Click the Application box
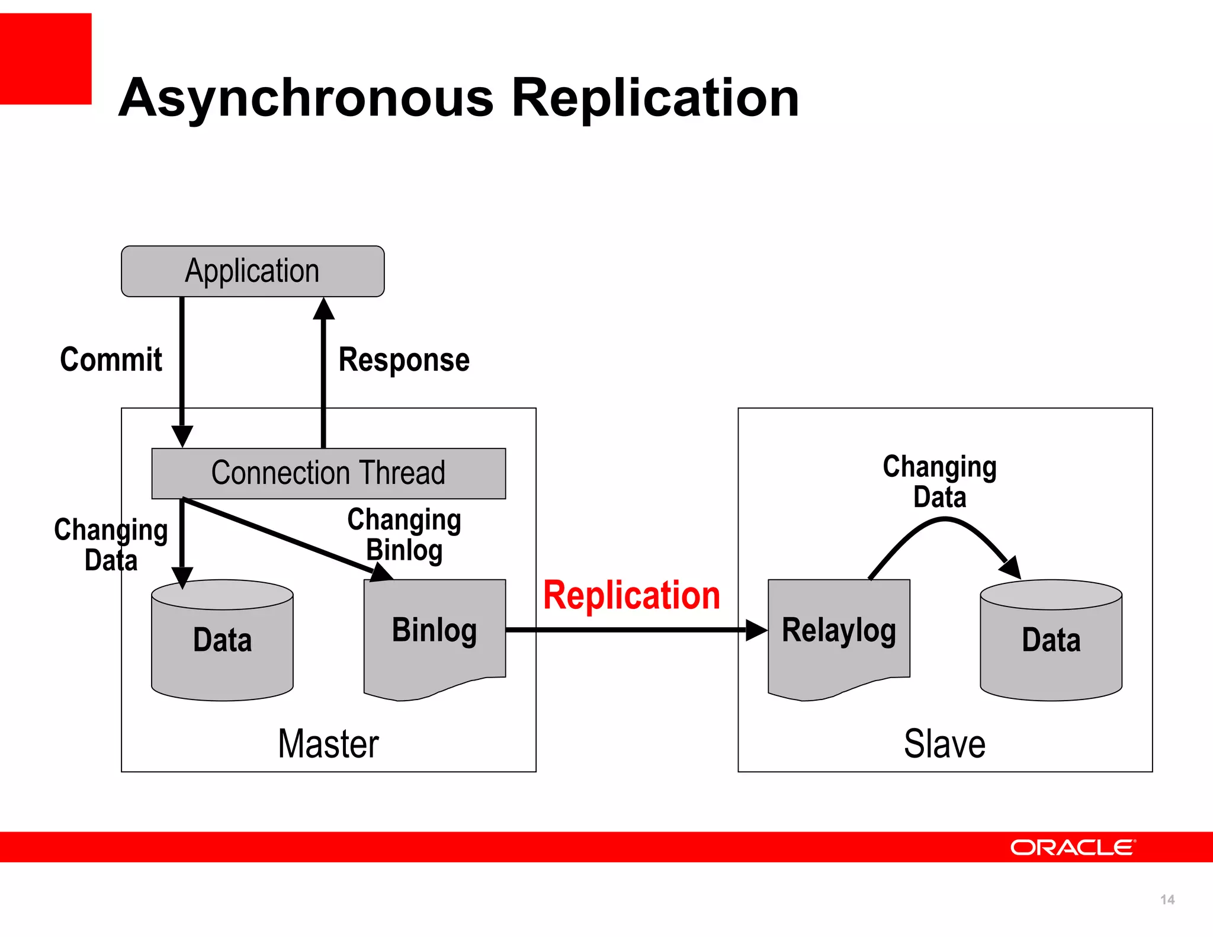(x=252, y=271)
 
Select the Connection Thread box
(x=328, y=473)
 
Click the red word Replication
(x=631, y=595)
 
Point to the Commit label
(x=111, y=360)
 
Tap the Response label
(x=404, y=360)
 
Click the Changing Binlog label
(x=404, y=534)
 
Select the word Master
(x=328, y=744)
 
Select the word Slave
(x=945, y=744)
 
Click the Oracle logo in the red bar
(x=1073, y=848)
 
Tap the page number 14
(x=1167, y=900)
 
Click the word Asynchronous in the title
(x=306, y=98)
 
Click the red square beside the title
(x=46, y=59)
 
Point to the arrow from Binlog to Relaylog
(x=628, y=630)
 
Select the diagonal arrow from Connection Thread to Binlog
(x=278, y=536)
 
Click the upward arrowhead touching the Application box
(x=323, y=309)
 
